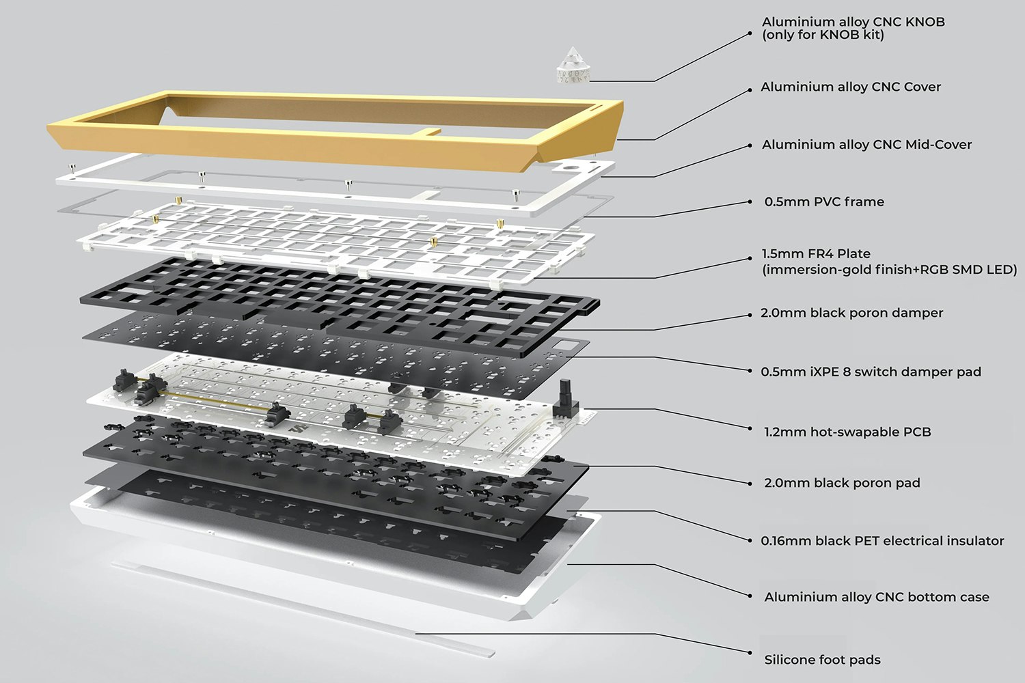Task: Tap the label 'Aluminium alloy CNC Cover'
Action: point(850,87)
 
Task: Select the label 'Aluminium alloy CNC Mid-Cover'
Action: point(866,144)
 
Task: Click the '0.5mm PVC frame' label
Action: point(823,201)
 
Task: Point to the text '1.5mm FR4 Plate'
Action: point(816,253)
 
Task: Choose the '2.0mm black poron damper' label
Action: point(851,313)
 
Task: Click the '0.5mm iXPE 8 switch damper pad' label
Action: point(871,372)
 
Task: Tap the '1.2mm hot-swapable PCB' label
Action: point(847,432)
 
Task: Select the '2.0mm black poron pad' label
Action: point(841,483)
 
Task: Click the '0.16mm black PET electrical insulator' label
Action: point(882,540)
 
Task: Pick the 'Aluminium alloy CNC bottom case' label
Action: point(876,597)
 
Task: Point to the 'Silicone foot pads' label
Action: point(822,660)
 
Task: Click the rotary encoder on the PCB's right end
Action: point(565,399)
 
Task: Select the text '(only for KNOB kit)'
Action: point(823,35)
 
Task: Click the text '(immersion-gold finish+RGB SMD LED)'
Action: point(889,270)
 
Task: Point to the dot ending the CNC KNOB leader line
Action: point(750,31)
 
